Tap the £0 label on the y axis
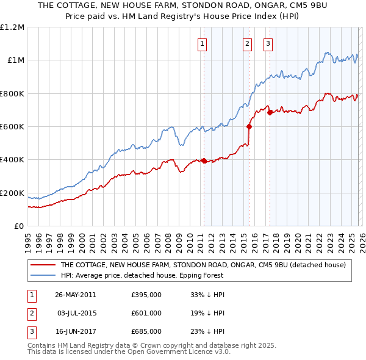point(19,226)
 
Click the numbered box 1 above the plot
point(202,43)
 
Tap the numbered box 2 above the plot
point(247,43)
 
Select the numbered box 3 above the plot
point(268,43)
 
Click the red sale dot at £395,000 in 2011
point(204,160)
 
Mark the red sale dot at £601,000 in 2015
point(249,126)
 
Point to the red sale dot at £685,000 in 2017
point(270,112)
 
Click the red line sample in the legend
point(43,265)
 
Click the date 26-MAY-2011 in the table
point(75,295)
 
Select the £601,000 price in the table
point(146,313)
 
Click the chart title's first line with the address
point(183,7)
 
